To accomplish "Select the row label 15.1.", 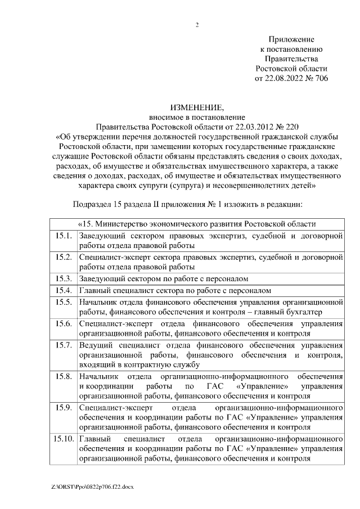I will pos(63,236).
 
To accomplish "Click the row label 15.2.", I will pos(63,257).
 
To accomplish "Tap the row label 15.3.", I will pos(63,278).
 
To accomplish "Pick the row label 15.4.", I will pos(63,290).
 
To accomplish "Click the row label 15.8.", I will pos(63,376).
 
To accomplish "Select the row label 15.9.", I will pos(63,407).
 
